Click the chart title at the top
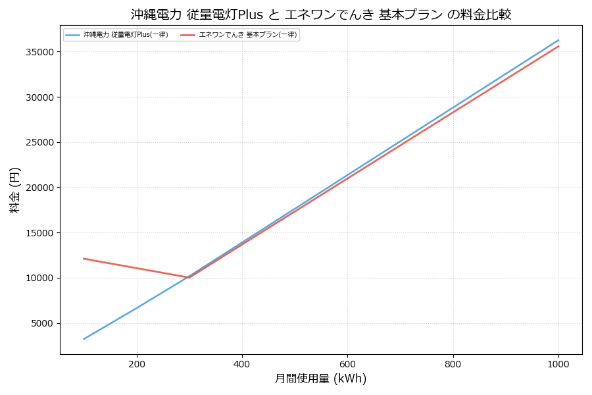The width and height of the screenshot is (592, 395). point(321,14)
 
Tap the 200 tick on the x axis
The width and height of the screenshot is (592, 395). point(136,363)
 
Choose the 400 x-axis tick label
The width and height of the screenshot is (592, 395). point(242,363)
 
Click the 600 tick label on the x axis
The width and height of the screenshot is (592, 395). point(347,363)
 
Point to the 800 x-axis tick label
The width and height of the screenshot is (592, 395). point(453,363)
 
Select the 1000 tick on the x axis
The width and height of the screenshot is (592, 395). point(558,363)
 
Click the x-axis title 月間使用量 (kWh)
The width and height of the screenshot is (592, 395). point(320,379)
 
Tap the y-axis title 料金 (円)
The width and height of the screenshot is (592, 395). point(14,190)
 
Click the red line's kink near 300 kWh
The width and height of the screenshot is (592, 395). point(189,278)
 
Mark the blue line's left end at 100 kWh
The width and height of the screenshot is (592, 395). point(84,339)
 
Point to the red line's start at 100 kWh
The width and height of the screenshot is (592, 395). point(84,259)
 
